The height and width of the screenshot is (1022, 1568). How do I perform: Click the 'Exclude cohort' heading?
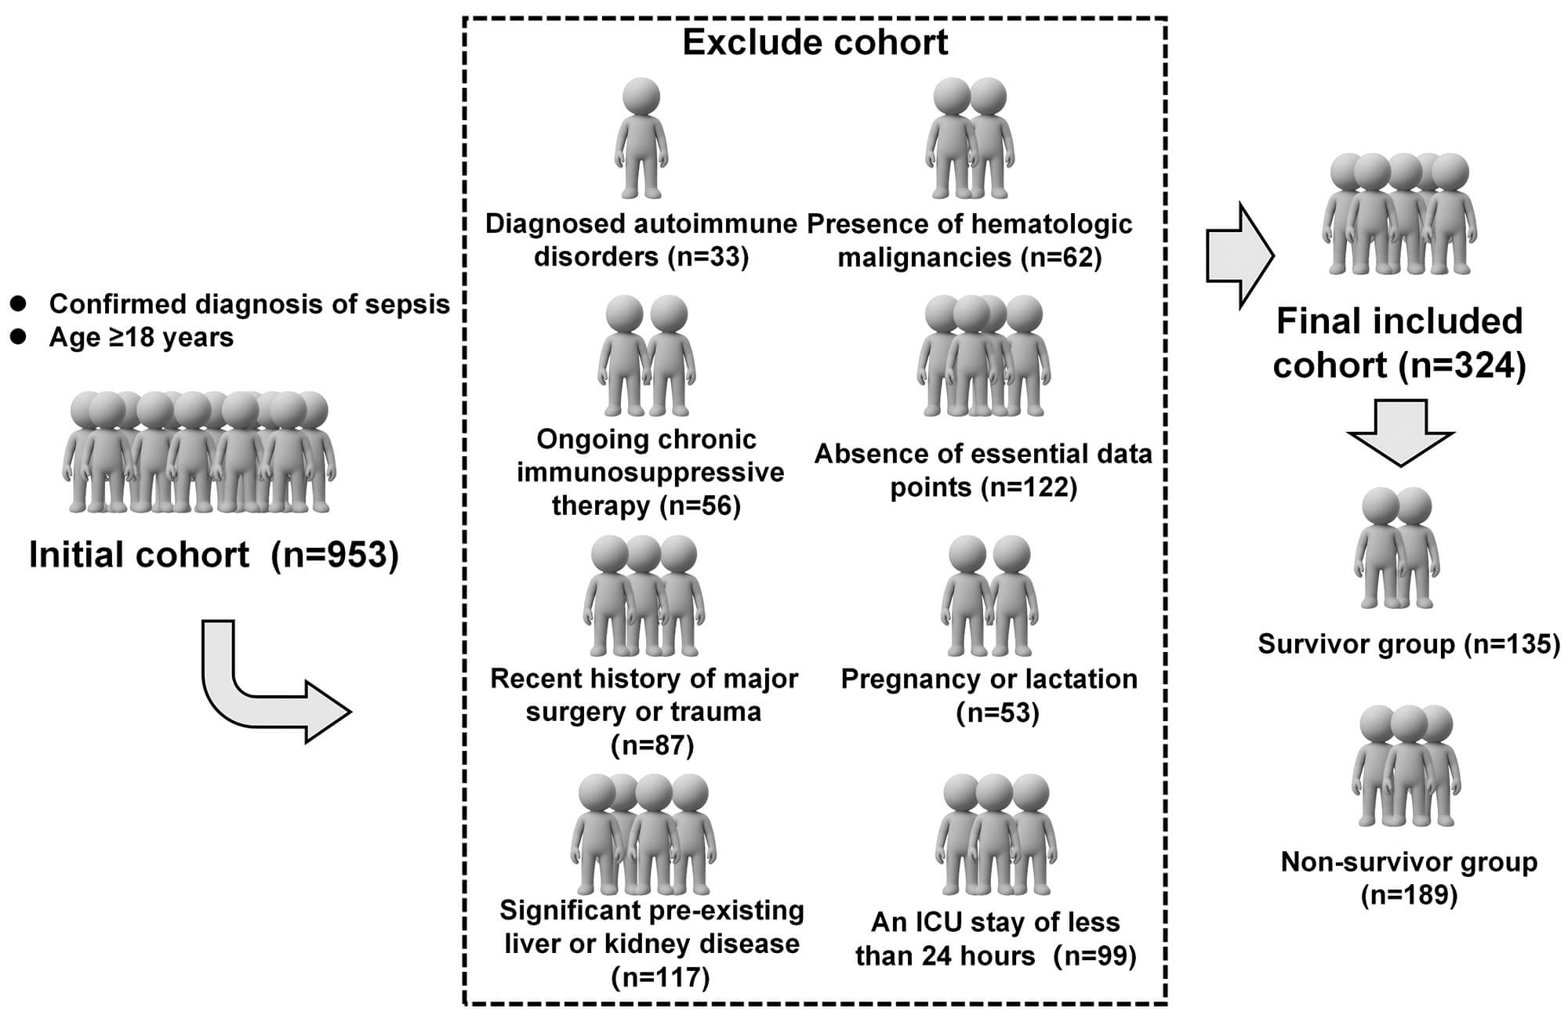pyautogui.click(x=815, y=42)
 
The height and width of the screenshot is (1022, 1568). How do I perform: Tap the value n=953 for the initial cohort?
pyautogui.click(x=335, y=555)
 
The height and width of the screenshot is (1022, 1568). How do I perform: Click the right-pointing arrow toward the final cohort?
pyautogui.click(x=1240, y=255)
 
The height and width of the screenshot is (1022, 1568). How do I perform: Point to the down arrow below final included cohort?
pyautogui.click(x=1400, y=432)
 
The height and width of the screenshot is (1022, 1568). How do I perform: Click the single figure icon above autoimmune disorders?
pyautogui.click(x=641, y=138)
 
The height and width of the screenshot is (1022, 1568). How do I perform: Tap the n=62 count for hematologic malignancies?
pyautogui.click(x=1062, y=257)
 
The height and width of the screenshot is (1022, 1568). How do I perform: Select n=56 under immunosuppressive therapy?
pyautogui.click(x=700, y=506)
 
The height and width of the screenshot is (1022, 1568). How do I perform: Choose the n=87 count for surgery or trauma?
pyautogui.click(x=652, y=745)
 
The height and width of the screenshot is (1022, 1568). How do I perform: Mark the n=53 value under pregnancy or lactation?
pyautogui.click(x=997, y=712)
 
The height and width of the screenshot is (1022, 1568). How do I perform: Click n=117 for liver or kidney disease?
pyautogui.click(x=660, y=977)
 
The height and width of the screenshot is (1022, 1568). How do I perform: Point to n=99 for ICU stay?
pyautogui.click(x=1094, y=956)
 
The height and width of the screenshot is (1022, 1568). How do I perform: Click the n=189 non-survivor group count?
pyautogui.click(x=1409, y=895)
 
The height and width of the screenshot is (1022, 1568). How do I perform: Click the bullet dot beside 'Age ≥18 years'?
pyautogui.click(x=18, y=337)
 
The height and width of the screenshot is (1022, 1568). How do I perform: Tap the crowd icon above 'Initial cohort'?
pyautogui.click(x=199, y=452)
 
